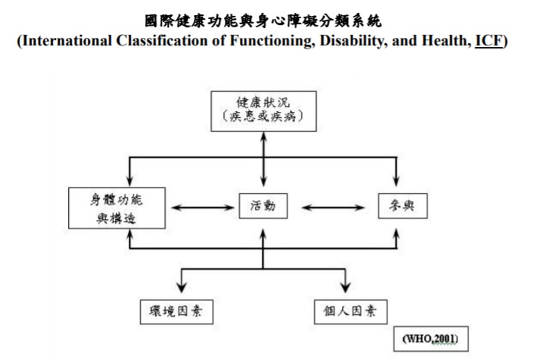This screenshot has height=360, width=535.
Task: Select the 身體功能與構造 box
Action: (x=114, y=206)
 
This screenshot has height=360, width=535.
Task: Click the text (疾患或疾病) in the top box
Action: (x=263, y=119)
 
